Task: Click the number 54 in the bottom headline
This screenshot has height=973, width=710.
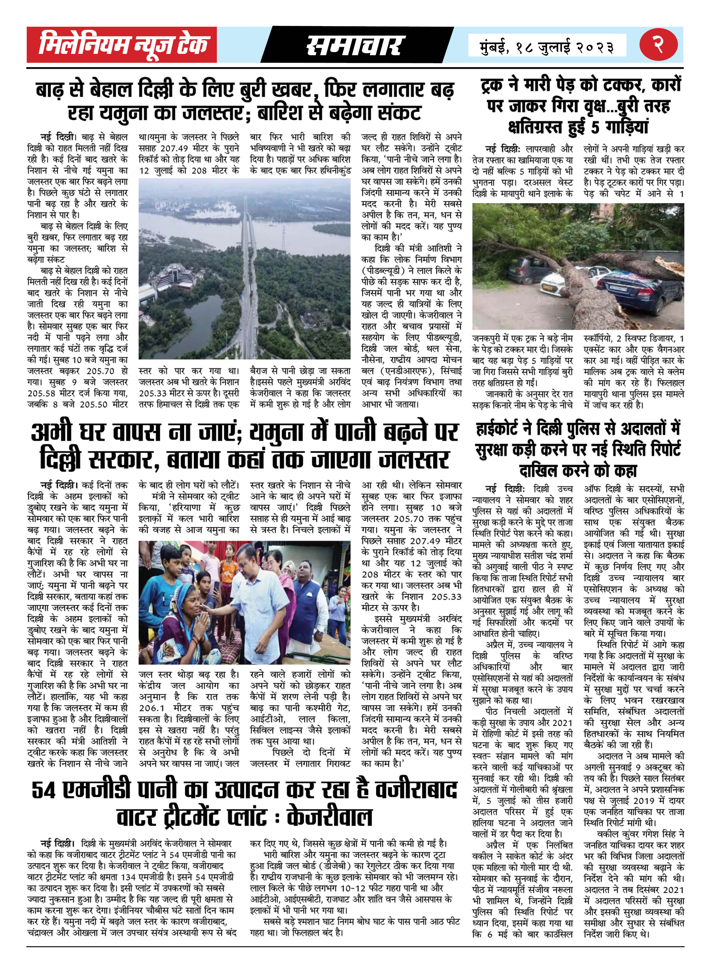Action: (44, 790)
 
